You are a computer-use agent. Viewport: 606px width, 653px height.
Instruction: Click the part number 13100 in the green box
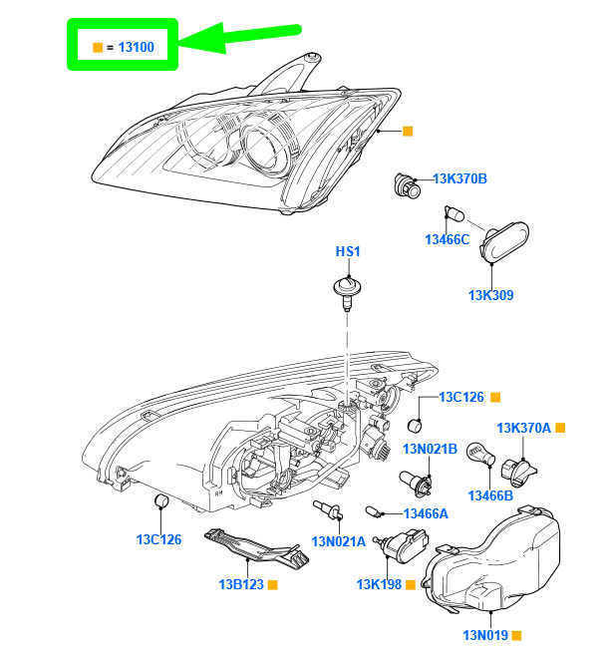135,46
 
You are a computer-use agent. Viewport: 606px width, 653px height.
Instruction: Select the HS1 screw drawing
346,290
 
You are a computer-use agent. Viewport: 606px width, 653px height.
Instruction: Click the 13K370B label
459,179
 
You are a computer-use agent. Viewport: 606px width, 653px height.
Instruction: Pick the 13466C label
447,239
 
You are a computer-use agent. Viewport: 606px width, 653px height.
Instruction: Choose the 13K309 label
491,295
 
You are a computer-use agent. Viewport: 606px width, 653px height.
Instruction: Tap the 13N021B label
430,450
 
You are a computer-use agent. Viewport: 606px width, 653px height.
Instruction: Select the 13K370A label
524,428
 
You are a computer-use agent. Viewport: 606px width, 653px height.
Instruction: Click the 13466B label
489,495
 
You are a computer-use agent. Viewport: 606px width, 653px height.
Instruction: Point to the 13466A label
426,513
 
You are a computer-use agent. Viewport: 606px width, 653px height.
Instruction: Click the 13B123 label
240,584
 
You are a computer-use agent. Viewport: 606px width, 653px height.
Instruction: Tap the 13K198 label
379,584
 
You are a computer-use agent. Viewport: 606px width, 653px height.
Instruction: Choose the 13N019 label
484,634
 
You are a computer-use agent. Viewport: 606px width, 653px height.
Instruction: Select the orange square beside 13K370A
560,428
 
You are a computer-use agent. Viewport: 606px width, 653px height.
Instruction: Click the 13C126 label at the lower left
159,540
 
